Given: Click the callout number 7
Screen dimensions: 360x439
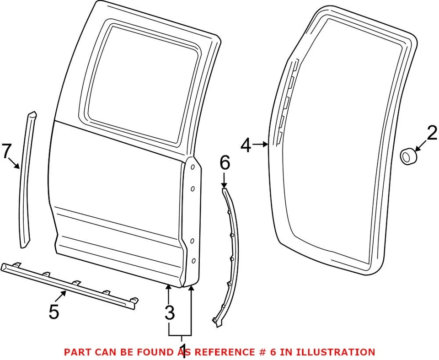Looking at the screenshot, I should pyautogui.click(x=6, y=151).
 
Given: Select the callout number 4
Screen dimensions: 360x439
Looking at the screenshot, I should pyautogui.click(x=246, y=145).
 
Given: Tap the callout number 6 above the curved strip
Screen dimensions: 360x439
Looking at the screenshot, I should pyautogui.click(x=225, y=163).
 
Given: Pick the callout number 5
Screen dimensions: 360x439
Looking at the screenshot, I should pyautogui.click(x=54, y=312).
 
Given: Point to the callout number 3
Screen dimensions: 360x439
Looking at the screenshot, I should pyautogui.click(x=170, y=313).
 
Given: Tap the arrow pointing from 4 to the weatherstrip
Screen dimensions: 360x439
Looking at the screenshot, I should pyautogui.click(x=261, y=145).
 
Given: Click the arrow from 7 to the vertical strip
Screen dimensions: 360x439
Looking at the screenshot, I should pyautogui.click(x=16, y=164).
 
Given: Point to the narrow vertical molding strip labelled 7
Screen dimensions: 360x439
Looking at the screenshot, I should pyautogui.click(x=27, y=183).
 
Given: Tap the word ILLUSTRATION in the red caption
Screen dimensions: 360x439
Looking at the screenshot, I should pyautogui.click(x=337, y=352).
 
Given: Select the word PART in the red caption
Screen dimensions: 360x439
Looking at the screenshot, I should pyautogui.click(x=76, y=352).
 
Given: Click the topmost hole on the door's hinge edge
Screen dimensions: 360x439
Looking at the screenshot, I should pyautogui.click(x=193, y=168).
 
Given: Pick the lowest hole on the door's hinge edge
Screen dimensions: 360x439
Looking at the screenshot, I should pyautogui.click(x=193, y=261).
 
